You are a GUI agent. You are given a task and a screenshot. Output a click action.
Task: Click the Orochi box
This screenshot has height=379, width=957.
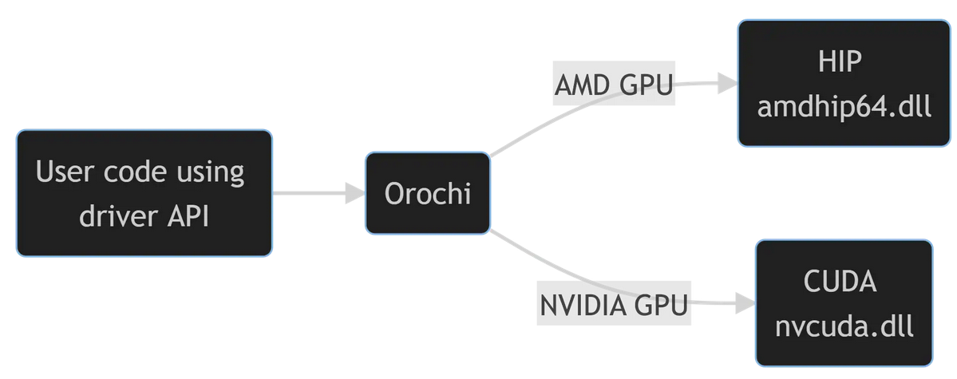427,193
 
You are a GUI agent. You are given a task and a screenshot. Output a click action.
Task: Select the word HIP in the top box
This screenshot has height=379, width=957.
840,61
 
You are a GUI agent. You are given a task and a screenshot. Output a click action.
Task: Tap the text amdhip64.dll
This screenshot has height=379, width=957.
844,105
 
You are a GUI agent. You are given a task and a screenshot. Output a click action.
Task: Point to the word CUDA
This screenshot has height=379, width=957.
840,282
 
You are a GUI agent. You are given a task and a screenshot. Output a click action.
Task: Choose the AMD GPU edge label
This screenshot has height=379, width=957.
615,83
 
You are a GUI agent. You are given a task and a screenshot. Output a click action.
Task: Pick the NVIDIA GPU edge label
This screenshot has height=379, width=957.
613,304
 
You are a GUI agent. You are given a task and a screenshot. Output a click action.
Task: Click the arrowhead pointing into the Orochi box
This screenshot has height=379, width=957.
354,193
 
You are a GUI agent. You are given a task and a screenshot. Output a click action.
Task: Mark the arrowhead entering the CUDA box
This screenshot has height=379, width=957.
745,303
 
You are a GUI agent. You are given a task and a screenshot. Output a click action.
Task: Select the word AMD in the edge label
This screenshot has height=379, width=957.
583,83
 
